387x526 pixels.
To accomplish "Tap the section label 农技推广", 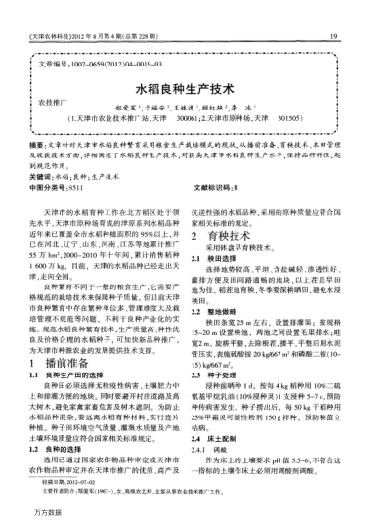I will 53,101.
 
